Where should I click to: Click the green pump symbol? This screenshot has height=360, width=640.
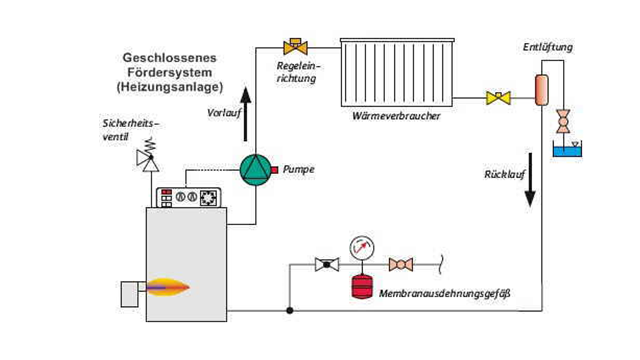click(255, 170)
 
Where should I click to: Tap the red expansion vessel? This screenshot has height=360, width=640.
click(362, 286)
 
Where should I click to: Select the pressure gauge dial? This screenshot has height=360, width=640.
click(362, 247)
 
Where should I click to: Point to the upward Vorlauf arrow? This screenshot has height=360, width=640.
click(246, 114)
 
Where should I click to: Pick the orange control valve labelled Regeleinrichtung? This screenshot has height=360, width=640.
click(296, 47)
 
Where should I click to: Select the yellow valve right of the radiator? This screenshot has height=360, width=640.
click(498, 98)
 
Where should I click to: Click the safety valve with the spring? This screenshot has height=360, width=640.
click(148, 157)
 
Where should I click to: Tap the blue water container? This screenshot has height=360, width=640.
click(567, 151)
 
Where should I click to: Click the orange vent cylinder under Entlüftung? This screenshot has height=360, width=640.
click(542, 90)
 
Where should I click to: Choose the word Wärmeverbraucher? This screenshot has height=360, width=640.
click(396, 116)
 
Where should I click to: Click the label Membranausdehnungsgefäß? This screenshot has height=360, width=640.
click(444, 294)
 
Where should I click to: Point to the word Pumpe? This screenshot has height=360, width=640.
click(298, 170)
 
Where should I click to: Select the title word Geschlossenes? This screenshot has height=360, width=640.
click(169, 58)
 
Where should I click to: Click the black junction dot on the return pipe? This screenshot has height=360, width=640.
click(290, 310)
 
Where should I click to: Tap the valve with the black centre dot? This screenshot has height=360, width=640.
click(327, 264)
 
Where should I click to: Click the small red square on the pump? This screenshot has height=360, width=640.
click(274, 170)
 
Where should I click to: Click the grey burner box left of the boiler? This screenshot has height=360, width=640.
click(130, 294)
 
